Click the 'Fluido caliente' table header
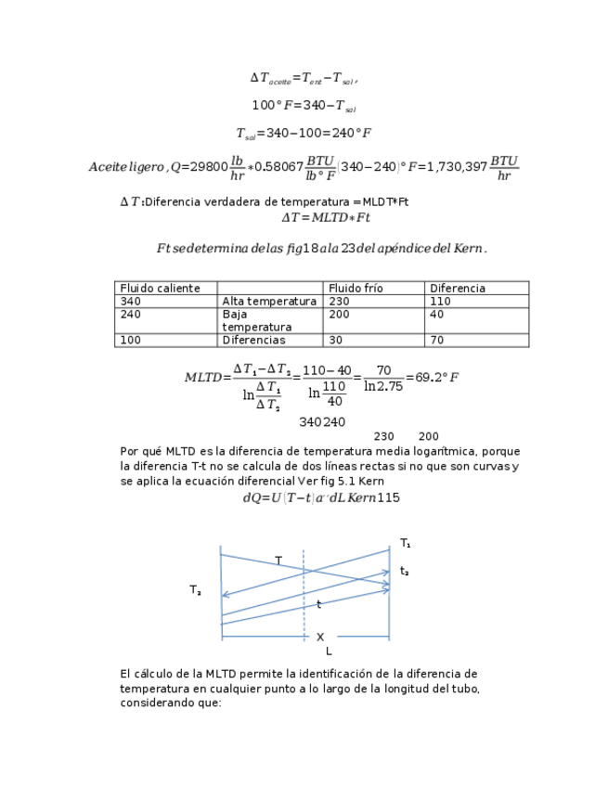pyautogui.click(x=160, y=289)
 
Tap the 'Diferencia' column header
pyautogui.click(x=458, y=289)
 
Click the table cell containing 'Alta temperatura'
pyautogui.click(x=269, y=302)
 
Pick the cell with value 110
pyautogui.click(x=440, y=302)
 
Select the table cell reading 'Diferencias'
pyautogui.click(x=253, y=341)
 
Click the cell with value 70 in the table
pyautogui.click(x=436, y=341)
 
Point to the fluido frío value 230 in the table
pyautogui.click(x=340, y=302)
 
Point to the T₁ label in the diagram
pyautogui.click(x=406, y=543)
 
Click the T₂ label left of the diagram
pyautogui.click(x=195, y=590)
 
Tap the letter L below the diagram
pyautogui.click(x=329, y=652)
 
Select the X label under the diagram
pyautogui.click(x=320, y=638)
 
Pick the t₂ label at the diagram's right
pyautogui.click(x=405, y=572)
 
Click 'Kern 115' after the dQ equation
pyautogui.click(x=375, y=498)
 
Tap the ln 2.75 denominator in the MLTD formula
pyautogui.click(x=383, y=387)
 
